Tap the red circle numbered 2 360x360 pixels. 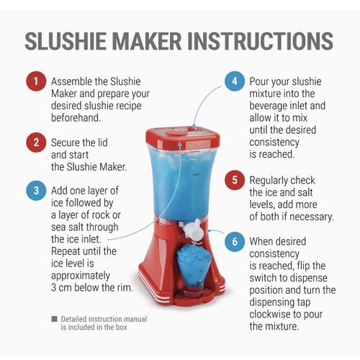click(x=35, y=142)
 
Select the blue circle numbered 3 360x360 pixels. click(x=35, y=191)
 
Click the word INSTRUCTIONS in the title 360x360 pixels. click(x=263, y=41)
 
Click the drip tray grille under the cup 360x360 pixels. click(x=192, y=291)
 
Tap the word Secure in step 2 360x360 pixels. click(x=67, y=142)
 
